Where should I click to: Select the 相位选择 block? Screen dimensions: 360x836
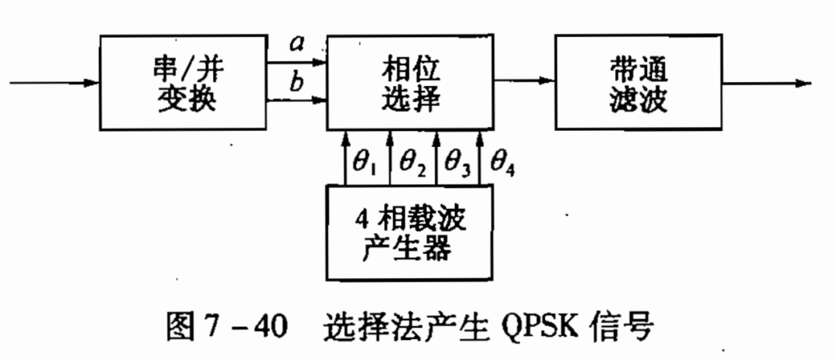[409, 83]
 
